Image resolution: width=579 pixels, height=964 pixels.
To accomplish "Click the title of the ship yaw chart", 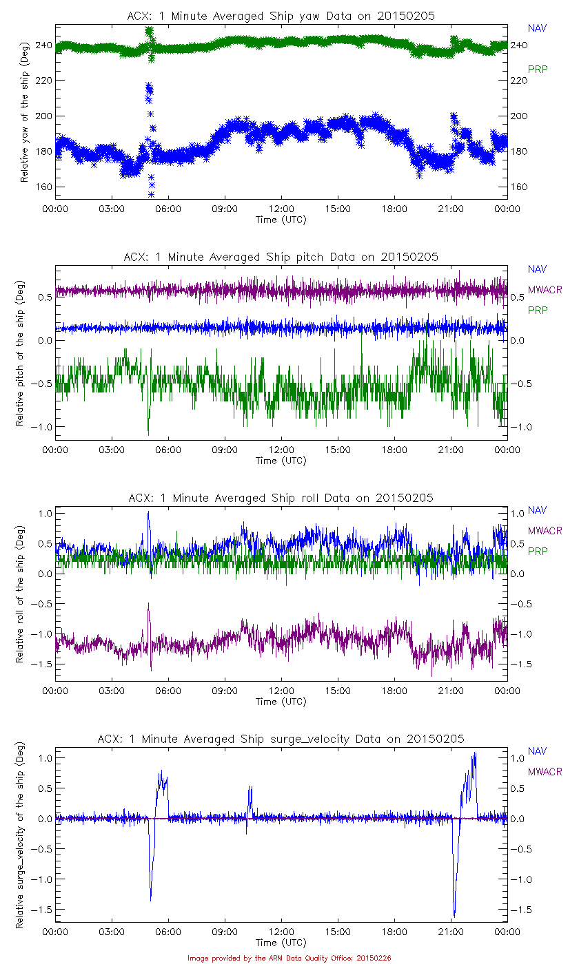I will [x=281, y=16].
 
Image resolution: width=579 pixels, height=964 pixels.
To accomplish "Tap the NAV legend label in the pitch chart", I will [x=537, y=269].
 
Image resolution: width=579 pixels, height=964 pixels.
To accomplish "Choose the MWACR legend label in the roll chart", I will [x=545, y=531].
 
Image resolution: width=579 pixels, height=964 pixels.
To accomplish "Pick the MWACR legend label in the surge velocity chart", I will [x=545, y=772].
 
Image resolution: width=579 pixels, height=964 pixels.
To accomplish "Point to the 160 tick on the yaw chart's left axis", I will [x=43, y=187].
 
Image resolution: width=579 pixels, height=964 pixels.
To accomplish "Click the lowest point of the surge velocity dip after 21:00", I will [x=454, y=916].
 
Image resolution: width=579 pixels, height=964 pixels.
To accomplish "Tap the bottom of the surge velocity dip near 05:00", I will [x=150, y=899].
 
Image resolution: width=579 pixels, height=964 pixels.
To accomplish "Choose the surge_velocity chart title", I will [x=281, y=739].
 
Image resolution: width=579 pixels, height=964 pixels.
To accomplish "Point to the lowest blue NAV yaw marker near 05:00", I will [x=151, y=195].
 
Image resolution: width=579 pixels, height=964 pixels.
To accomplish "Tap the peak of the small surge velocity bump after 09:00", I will [x=250, y=787].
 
